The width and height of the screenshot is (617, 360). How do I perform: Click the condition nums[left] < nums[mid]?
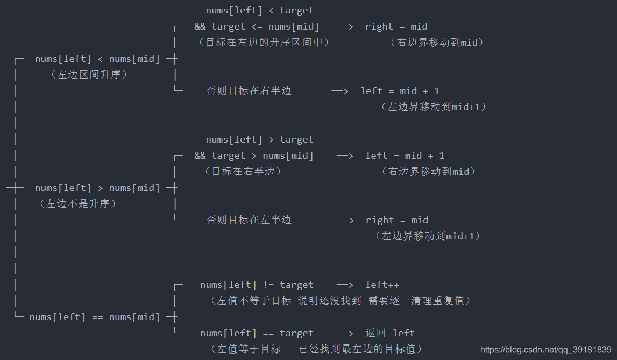point(97,59)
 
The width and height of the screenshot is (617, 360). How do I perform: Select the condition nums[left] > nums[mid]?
point(97,188)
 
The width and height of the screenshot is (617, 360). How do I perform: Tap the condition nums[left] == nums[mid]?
point(95,317)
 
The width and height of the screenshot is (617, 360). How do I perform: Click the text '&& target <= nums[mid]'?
point(257,26)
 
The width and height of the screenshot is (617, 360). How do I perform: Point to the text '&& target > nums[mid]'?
point(254,156)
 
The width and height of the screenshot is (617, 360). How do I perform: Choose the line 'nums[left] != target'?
point(257,285)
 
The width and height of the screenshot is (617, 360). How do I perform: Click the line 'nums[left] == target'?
point(257,333)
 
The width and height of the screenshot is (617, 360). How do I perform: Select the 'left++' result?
point(382,285)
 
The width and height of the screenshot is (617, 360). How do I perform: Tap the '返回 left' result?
point(390,333)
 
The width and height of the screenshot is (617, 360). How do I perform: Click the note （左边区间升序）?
point(89,75)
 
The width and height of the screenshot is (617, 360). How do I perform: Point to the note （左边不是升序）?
point(78,204)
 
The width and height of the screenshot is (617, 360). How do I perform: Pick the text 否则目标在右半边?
point(249,91)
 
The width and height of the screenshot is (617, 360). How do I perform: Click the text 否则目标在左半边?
point(249,220)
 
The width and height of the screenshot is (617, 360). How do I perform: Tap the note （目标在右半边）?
point(243,172)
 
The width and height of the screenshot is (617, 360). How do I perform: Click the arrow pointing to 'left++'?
point(345,285)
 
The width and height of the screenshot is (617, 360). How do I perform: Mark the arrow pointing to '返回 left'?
point(345,333)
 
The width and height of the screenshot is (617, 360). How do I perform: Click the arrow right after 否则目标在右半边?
point(340,91)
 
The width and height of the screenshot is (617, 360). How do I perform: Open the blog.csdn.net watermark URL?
point(545,350)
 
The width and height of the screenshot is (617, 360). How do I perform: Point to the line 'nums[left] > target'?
point(259,139)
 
